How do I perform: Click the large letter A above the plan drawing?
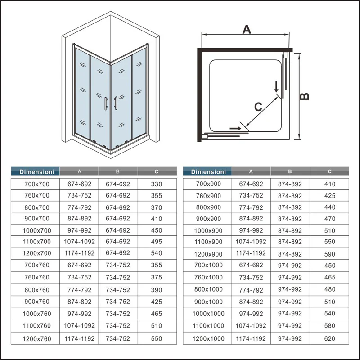click(x=247, y=29)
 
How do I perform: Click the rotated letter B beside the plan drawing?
click(x=305, y=96)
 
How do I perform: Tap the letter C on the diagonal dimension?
click(x=258, y=107)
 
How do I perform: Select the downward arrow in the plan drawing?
click(x=276, y=86)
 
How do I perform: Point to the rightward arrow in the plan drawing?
click(x=235, y=128)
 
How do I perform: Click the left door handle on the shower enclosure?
click(x=106, y=103)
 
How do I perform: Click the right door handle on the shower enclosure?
click(x=116, y=103)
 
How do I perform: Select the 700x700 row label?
click(x=37, y=184)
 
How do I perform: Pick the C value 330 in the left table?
click(x=157, y=184)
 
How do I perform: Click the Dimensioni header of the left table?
click(x=37, y=172)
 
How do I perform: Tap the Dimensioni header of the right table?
click(x=208, y=172)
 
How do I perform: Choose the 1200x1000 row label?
click(x=208, y=338)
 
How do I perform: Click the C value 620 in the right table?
click(x=330, y=338)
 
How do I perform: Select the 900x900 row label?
click(x=208, y=219)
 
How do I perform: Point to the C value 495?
click(x=157, y=242)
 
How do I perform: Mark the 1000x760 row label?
click(x=37, y=314)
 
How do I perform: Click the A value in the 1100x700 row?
click(x=80, y=242)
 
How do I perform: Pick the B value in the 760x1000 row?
click(x=290, y=277)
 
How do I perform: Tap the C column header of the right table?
click(x=330, y=171)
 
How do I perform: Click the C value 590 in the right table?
click(x=330, y=254)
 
